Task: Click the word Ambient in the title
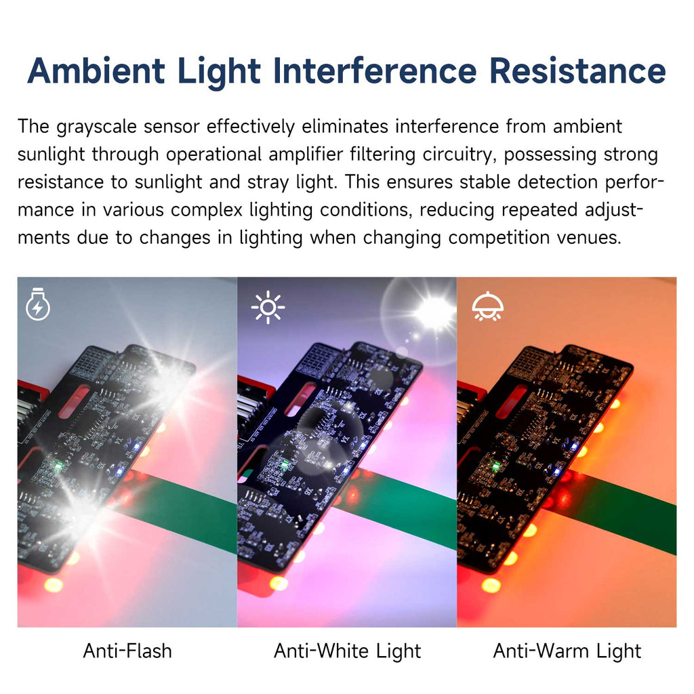pyautogui.click(x=96, y=70)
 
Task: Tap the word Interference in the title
pyautogui.click(x=375, y=70)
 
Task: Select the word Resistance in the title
pyautogui.click(x=577, y=70)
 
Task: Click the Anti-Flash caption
pyautogui.click(x=127, y=651)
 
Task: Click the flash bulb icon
pyautogui.click(x=38, y=304)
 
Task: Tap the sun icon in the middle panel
pyautogui.click(x=268, y=307)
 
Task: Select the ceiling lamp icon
pyautogui.click(x=487, y=306)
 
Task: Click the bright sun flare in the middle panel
pyautogui.click(x=433, y=311)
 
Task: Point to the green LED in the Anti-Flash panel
pyautogui.click(x=58, y=466)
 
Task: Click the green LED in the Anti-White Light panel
pyautogui.click(x=285, y=464)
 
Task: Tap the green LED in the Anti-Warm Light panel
pyautogui.click(x=495, y=466)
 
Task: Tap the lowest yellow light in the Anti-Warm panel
pyautogui.click(x=491, y=585)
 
